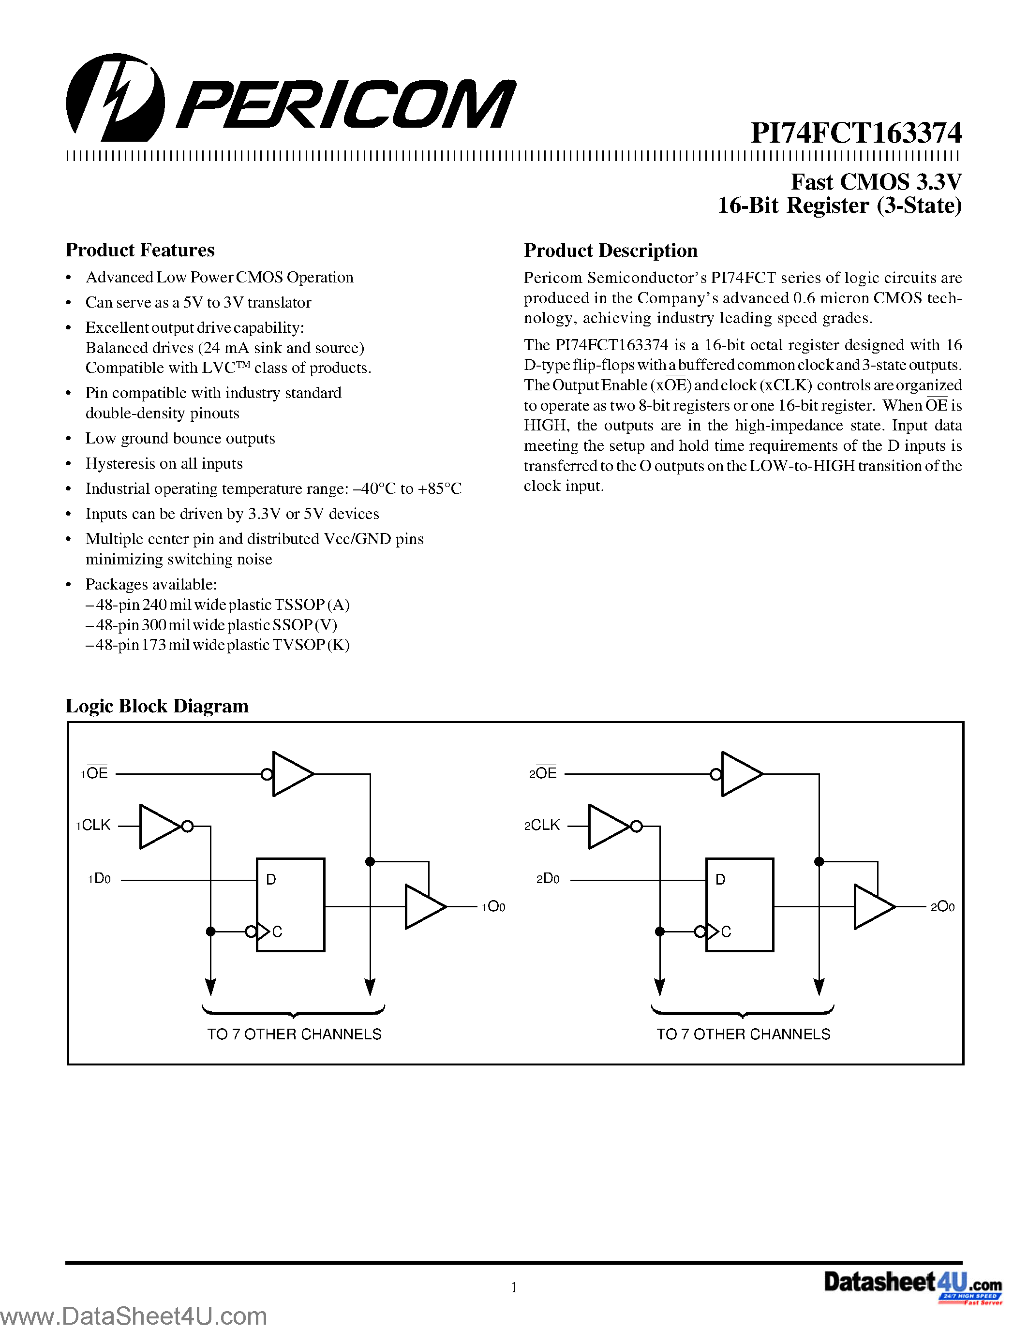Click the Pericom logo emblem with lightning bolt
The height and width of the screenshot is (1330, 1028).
click(115, 97)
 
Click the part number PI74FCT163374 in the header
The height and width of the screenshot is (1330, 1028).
click(856, 133)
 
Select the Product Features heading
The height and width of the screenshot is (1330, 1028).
click(140, 251)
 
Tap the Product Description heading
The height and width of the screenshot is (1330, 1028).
click(610, 251)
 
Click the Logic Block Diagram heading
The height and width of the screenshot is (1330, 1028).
click(157, 706)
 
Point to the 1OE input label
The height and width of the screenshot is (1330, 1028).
click(94, 773)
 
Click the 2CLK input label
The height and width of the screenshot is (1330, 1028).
click(542, 825)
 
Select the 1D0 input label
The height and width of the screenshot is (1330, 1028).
click(99, 879)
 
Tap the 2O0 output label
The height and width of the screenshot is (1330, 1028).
click(942, 907)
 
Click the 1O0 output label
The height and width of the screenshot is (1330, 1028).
click(493, 907)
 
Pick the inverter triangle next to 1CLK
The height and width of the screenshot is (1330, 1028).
click(160, 827)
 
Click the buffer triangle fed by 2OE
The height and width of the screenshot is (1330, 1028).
click(741, 774)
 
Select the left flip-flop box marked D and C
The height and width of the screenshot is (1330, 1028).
click(290, 904)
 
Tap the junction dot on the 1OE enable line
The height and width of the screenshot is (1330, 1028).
click(370, 861)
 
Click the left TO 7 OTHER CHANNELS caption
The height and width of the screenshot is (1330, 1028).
click(294, 1034)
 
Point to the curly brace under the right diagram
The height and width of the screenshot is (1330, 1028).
click(743, 1011)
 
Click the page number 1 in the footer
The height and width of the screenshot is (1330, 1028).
click(514, 1287)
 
